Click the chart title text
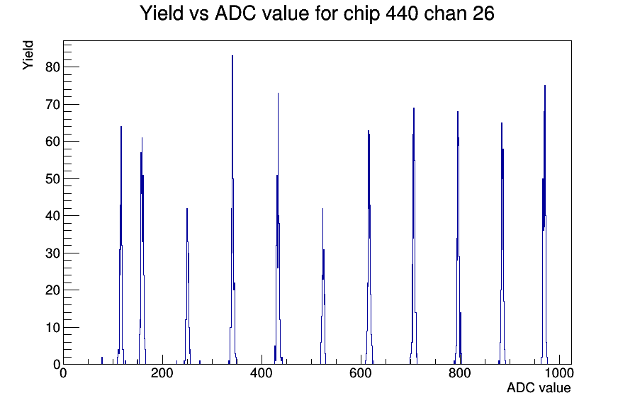tap(317, 13)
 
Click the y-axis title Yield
tap(28, 55)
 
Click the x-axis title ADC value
tap(539, 387)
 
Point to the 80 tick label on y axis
tap(53, 67)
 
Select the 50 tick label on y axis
tap(53, 179)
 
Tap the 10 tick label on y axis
tap(53, 327)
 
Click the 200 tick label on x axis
tap(162, 372)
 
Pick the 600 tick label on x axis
tap(361, 372)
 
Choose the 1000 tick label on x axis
tap(558, 372)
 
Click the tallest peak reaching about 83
tap(232, 56)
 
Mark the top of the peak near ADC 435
tap(279, 93)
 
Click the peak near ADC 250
tap(187, 209)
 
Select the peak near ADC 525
tap(322, 209)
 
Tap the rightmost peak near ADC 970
tap(545, 86)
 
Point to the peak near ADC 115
tap(121, 127)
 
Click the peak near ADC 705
tap(414, 108)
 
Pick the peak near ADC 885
tap(502, 123)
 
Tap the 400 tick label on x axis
tap(262, 372)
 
